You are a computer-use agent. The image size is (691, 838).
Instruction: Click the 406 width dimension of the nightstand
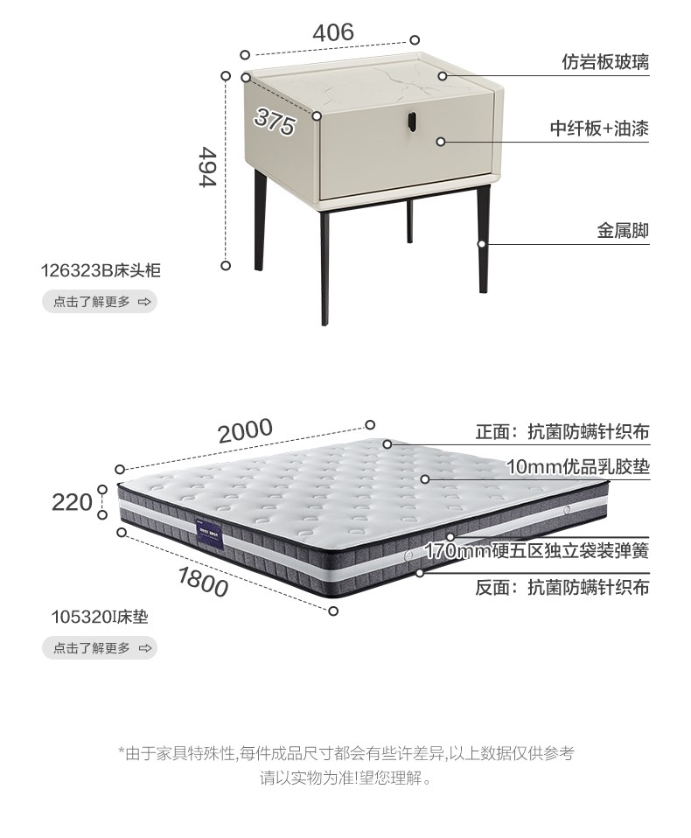[333, 32]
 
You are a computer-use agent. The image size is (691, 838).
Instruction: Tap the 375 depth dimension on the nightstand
[276, 121]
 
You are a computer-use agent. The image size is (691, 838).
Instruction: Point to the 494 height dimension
[207, 166]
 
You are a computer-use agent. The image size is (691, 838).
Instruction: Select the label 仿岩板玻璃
[605, 63]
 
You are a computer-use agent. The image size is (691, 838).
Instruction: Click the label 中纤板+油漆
[599, 129]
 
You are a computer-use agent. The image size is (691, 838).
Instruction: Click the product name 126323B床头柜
[101, 270]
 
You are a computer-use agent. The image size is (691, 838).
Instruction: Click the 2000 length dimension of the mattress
[246, 430]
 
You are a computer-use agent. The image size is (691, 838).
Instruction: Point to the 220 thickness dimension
[73, 502]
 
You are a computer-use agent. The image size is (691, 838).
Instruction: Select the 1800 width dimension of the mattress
[203, 580]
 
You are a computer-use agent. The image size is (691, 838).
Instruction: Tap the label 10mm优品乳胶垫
[578, 466]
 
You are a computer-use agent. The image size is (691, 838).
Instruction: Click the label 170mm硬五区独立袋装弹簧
[537, 551]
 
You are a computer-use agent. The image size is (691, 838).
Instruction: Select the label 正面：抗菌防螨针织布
[562, 432]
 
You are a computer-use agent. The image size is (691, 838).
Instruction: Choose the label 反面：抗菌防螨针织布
[562, 588]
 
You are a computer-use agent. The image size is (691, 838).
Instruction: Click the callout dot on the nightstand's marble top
[443, 76]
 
